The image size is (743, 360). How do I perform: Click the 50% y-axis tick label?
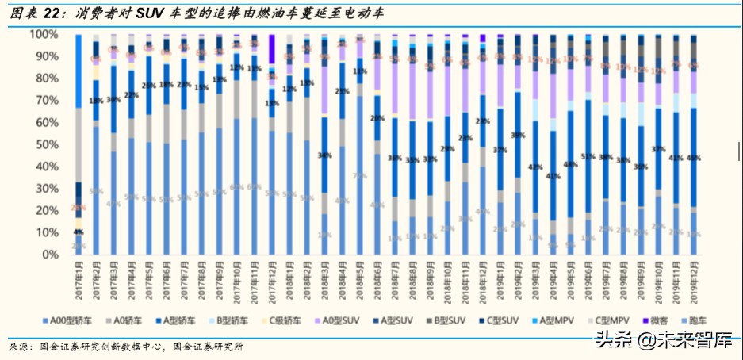pos(46,145)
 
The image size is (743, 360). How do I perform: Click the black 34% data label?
pos(324,156)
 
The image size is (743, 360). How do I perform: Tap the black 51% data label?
pos(588,157)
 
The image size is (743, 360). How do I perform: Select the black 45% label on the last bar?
pos(694,158)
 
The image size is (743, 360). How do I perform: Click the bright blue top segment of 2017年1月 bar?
pos(79,71)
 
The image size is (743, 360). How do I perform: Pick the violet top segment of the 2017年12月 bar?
pos(272,49)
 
